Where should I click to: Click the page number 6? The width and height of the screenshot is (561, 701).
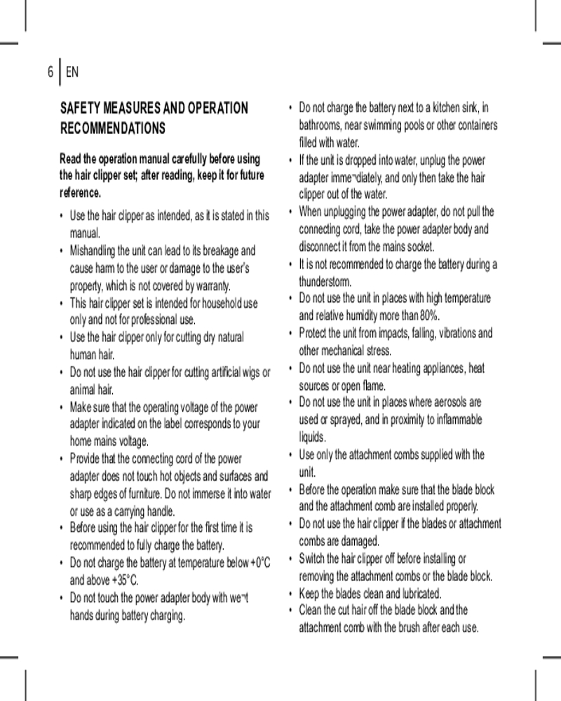(50, 72)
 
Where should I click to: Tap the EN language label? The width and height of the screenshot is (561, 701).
(72, 72)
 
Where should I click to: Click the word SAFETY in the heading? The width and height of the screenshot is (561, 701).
(81, 109)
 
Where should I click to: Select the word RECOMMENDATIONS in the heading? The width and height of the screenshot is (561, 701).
(114, 129)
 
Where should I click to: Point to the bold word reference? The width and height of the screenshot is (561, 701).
(81, 191)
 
